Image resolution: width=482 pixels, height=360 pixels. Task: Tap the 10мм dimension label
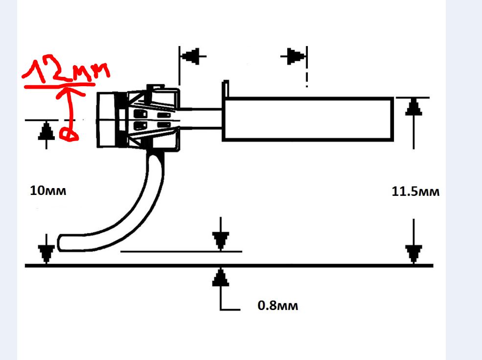pos(47,191)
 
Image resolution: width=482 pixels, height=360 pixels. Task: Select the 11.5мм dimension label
pos(415,192)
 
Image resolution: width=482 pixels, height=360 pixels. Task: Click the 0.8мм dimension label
pos(277,307)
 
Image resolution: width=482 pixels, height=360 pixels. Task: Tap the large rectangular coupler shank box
pos(308,119)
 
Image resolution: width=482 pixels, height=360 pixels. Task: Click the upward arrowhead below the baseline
pos(221,278)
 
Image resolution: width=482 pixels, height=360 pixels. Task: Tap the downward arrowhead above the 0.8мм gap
pos(221,240)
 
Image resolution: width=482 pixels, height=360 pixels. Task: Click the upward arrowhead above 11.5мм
pos(414,107)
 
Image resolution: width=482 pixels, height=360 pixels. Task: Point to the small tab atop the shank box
pos(226,88)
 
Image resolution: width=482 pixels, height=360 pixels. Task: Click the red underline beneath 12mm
pos(59,86)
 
